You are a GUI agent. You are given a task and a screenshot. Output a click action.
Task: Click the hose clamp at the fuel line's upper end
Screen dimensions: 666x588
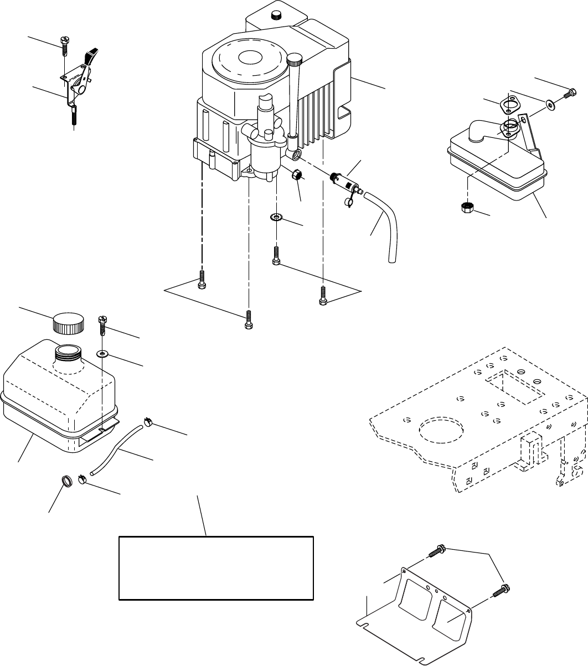(147, 423)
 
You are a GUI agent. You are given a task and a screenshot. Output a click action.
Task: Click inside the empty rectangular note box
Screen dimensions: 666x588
(216, 567)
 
